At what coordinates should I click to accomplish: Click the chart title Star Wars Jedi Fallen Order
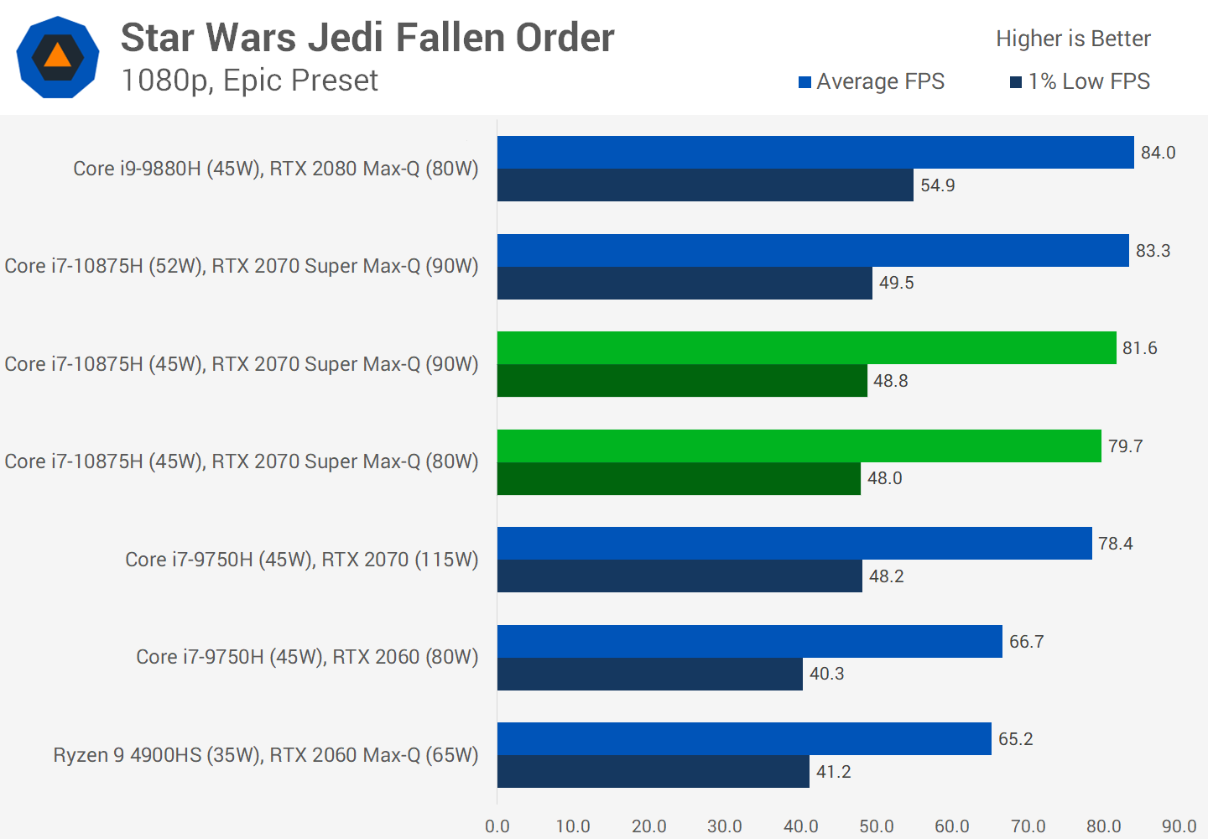click(367, 39)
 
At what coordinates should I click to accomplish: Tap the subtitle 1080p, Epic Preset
click(249, 81)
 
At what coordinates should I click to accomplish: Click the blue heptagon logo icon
click(58, 57)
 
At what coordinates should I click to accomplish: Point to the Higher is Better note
click(1073, 39)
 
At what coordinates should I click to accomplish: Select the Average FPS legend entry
click(872, 81)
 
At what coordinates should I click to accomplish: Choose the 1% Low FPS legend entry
click(1080, 81)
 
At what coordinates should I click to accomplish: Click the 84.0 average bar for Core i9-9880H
click(815, 153)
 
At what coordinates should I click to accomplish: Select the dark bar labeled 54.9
click(705, 185)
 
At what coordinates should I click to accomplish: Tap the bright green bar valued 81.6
click(806, 348)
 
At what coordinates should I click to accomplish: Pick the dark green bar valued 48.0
click(679, 478)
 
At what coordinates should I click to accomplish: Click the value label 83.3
click(1153, 251)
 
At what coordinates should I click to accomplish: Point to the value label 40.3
click(826, 674)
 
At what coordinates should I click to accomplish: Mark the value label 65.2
click(1015, 739)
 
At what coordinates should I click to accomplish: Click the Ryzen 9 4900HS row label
click(265, 755)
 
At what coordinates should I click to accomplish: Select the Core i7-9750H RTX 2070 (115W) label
click(301, 560)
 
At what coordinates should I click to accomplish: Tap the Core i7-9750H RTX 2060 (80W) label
click(307, 657)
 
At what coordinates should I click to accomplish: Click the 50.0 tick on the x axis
click(877, 826)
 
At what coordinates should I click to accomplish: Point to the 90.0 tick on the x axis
click(1179, 826)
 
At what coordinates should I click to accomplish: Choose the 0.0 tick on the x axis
click(497, 826)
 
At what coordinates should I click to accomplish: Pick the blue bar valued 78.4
click(794, 544)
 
